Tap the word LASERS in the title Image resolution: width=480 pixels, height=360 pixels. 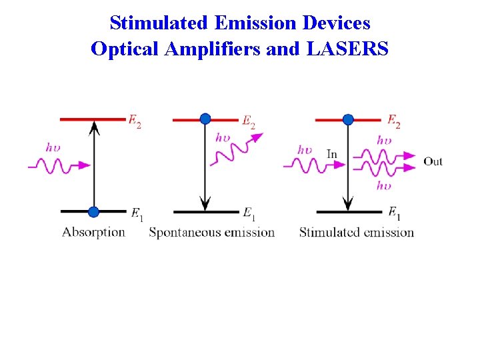coord(347,49)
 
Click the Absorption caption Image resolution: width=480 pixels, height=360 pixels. coord(93,232)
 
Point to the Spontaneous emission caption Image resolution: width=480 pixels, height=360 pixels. coord(211,232)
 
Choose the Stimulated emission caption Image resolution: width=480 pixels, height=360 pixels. coord(356,232)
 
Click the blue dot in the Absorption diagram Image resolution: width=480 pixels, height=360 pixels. coord(93,212)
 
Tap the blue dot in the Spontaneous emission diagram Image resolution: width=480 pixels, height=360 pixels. coord(205,119)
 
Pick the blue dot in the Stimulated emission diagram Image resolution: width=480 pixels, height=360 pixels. coord(347,119)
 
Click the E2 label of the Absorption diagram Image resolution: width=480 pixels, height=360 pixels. coord(135,122)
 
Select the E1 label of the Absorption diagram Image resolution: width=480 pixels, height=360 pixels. coord(137,214)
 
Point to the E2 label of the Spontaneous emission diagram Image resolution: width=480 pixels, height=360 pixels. coord(248,122)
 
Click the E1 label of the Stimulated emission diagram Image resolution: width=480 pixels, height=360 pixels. coord(394,213)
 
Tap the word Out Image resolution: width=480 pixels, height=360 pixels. coord(433,161)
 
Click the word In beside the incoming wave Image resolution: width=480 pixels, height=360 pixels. coord(332,155)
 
